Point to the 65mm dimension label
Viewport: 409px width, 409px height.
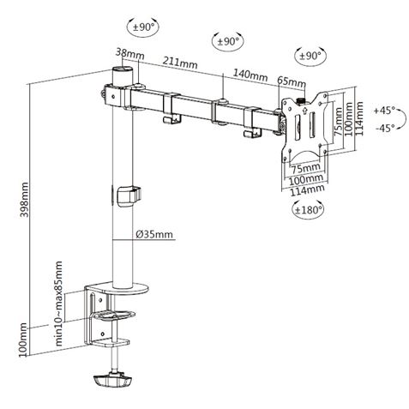pyautogui.click(x=292, y=82)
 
